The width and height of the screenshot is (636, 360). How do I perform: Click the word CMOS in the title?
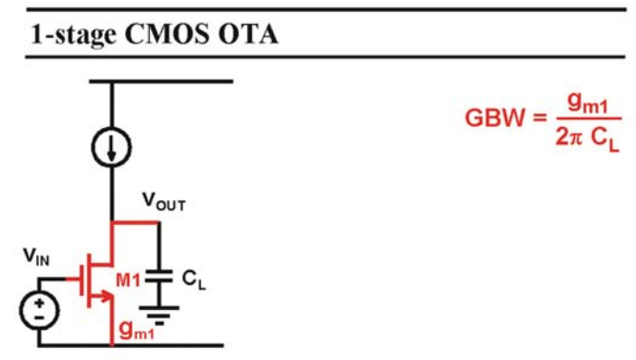(168, 34)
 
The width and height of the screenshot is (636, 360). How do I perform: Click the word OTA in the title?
(249, 34)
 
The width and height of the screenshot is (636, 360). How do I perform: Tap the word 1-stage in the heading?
(73, 36)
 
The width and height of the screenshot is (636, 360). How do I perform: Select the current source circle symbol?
(111, 147)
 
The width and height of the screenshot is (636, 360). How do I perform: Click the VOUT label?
(164, 201)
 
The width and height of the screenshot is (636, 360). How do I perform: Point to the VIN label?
(36, 256)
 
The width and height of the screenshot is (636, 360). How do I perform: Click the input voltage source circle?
(39, 310)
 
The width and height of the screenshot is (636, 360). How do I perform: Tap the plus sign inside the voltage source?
(39, 303)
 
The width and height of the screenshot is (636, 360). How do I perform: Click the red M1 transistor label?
(128, 279)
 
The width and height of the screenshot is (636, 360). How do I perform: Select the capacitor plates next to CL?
(159, 275)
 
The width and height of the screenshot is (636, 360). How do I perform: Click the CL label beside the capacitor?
(193, 279)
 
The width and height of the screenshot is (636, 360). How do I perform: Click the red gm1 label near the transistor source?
(137, 329)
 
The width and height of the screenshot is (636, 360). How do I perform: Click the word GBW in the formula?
(495, 118)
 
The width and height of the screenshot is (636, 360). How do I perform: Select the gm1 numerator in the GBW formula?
(588, 103)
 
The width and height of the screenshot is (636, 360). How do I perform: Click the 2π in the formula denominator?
(569, 137)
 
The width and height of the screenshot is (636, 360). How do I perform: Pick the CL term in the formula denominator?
(605, 140)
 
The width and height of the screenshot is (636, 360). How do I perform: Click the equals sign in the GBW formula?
(540, 118)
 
